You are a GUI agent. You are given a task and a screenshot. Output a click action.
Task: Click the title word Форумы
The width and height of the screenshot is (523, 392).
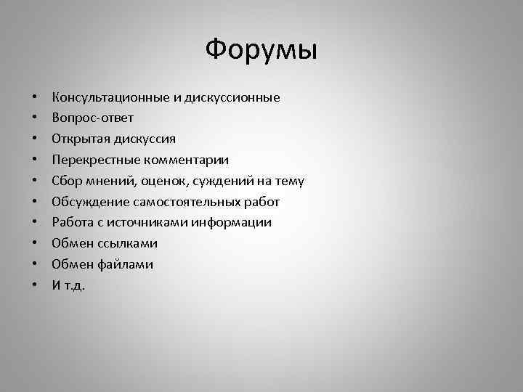click(261, 50)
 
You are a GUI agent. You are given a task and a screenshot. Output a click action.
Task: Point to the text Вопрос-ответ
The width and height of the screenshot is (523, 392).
click(92, 118)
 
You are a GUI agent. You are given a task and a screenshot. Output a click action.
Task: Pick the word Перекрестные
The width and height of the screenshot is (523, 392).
click(90, 160)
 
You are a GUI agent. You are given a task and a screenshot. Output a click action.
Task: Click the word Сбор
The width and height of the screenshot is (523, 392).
click(66, 181)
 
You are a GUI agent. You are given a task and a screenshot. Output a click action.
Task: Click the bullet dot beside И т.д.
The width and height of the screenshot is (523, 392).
click(34, 286)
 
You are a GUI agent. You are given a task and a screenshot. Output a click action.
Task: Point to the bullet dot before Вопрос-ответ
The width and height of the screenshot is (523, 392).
click(34, 118)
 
